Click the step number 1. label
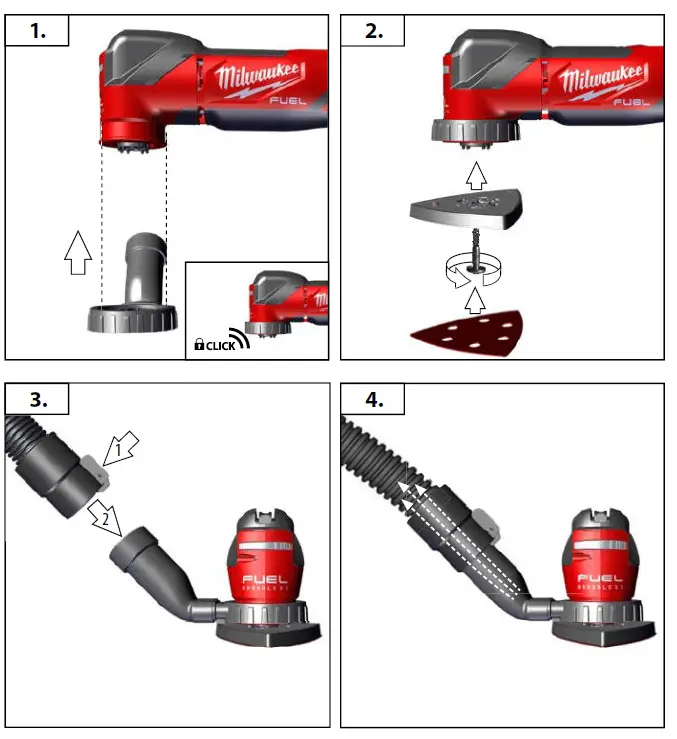coord(38,31)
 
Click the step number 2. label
coord(373,31)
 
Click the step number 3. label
coord(38,399)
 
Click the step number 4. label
coord(373,399)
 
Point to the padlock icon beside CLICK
coord(200,345)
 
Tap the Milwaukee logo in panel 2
coord(598,80)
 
